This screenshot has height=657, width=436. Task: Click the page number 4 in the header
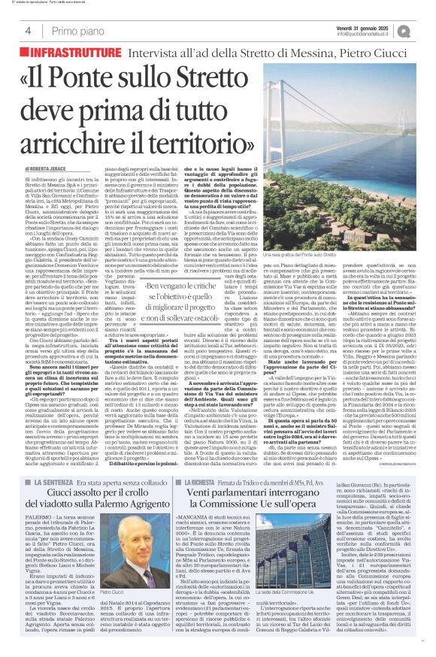(28, 31)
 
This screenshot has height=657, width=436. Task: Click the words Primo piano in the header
(74, 31)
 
